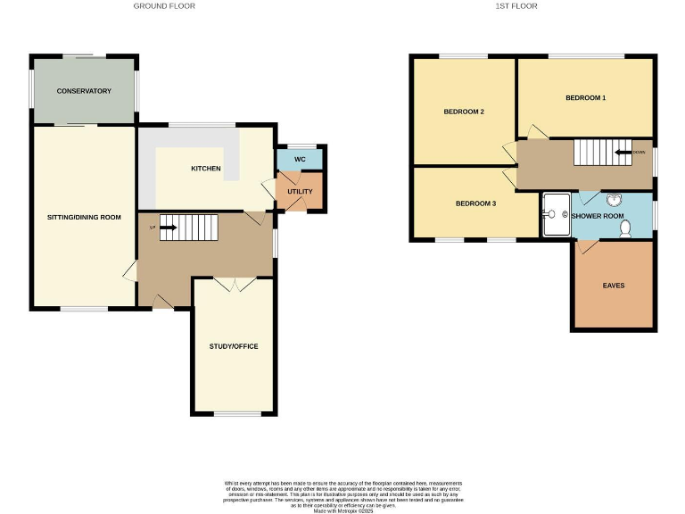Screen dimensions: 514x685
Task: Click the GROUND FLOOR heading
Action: pyautogui.click(x=164, y=6)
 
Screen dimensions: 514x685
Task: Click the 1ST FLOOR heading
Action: pyautogui.click(x=516, y=6)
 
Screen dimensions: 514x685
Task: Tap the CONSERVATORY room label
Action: pyautogui.click(x=84, y=91)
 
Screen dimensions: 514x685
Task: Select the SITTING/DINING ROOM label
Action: pyautogui.click(x=84, y=217)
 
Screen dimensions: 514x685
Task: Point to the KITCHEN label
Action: pyautogui.click(x=206, y=168)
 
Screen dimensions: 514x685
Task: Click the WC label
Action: pyautogui.click(x=300, y=159)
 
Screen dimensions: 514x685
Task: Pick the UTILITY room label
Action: pyautogui.click(x=300, y=191)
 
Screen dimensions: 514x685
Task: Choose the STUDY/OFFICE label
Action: pyautogui.click(x=234, y=346)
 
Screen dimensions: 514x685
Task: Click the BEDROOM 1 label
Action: pyautogui.click(x=585, y=97)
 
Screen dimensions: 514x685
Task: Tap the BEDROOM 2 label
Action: pyautogui.click(x=464, y=112)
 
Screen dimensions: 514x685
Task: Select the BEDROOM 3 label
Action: pyautogui.click(x=475, y=203)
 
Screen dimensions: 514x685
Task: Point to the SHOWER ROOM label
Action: pyautogui.click(x=597, y=216)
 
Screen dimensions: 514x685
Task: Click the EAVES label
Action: pyautogui.click(x=613, y=286)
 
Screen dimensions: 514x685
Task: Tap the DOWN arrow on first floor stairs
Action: pyautogui.click(x=622, y=152)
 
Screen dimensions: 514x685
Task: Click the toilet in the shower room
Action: pyautogui.click(x=625, y=228)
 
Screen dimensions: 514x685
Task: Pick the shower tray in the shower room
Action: pyautogui.click(x=555, y=215)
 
